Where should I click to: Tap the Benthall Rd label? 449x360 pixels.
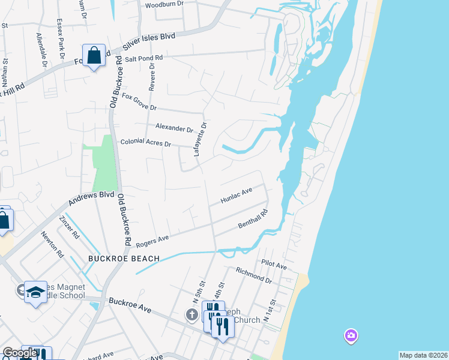click(252, 219)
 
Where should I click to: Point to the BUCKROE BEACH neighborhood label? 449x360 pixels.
click(124, 259)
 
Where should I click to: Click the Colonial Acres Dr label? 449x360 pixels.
click(146, 143)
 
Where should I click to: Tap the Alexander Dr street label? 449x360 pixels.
click(174, 128)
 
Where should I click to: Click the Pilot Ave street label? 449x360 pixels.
click(274, 265)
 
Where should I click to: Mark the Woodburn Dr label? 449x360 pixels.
click(163, 5)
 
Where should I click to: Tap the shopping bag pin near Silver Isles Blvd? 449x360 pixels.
click(94, 55)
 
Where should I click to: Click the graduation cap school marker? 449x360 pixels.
click(35, 292)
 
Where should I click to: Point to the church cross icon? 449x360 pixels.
click(191, 315)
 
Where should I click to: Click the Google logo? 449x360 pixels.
click(19, 353)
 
